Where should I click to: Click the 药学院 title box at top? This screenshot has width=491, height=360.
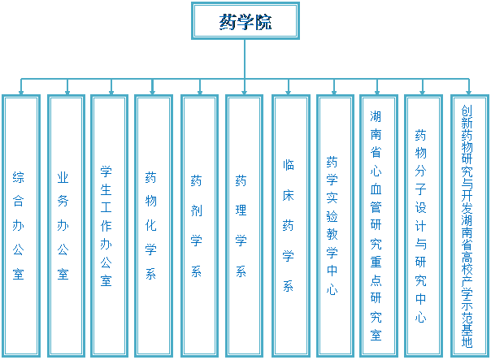(x=245, y=21)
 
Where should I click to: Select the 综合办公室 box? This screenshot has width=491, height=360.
(x=20, y=225)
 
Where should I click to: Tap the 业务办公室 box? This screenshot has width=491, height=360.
(x=65, y=225)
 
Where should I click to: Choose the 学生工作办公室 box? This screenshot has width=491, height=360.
(x=109, y=225)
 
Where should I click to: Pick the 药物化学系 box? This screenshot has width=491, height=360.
(x=154, y=225)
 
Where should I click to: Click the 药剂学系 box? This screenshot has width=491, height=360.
(x=198, y=225)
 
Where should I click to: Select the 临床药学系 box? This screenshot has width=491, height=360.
(x=289, y=225)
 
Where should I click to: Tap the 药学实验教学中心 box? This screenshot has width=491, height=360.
(x=334, y=225)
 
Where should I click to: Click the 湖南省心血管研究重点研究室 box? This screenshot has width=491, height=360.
(x=378, y=225)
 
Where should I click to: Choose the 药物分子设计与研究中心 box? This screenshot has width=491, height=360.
(x=423, y=225)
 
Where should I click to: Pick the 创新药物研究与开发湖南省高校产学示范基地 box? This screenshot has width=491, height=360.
(x=468, y=225)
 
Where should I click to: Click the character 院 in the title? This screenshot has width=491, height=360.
(x=263, y=22)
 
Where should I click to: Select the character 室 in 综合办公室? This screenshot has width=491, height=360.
(x=20, y=275)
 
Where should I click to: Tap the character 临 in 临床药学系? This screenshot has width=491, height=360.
(x=289, y=164)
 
